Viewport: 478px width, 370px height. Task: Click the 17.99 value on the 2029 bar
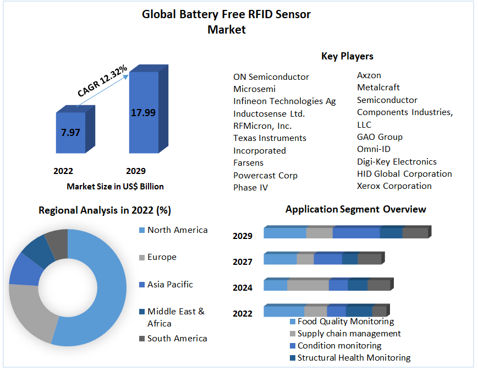[143, 113]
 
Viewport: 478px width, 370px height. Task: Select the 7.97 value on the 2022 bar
[70, 133]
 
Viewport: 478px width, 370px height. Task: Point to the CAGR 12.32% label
[103, 81]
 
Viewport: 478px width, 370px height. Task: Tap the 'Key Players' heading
[347, 56]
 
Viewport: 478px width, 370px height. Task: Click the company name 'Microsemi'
[255, 89]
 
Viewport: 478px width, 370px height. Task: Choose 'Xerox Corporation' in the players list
[394, 186]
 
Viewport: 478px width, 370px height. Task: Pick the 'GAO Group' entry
[380, 137]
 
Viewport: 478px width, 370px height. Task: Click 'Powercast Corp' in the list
[265, 176]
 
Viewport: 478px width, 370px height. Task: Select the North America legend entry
[177, 230]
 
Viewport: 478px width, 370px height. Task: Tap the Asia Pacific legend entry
[170, 285]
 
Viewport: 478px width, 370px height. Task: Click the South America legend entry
[177, 339]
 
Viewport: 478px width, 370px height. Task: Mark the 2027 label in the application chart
[243, 262]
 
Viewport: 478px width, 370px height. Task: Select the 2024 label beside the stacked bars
[243, 287]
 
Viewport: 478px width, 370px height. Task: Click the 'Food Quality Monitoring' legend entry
[345, 322]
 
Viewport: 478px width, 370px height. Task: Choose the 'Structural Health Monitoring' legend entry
[354, 358]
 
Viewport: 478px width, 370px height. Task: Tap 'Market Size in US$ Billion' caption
[116, 187]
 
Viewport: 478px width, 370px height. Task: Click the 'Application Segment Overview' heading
[356, 209]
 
